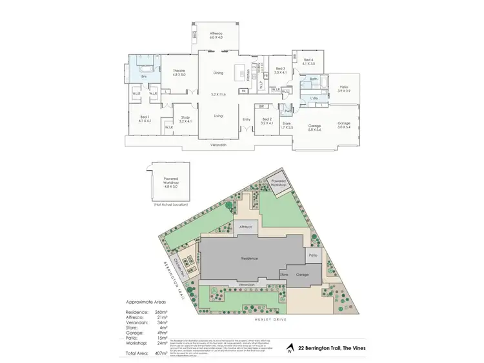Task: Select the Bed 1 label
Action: click(x=145, y=119)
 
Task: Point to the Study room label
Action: click(x=185, y=119)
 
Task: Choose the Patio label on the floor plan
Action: click(x=344, y=88)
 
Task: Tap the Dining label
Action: click(x=218, y=73)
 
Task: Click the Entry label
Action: click(x=246, y=119)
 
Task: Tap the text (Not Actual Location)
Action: click(x=171, y=204)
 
